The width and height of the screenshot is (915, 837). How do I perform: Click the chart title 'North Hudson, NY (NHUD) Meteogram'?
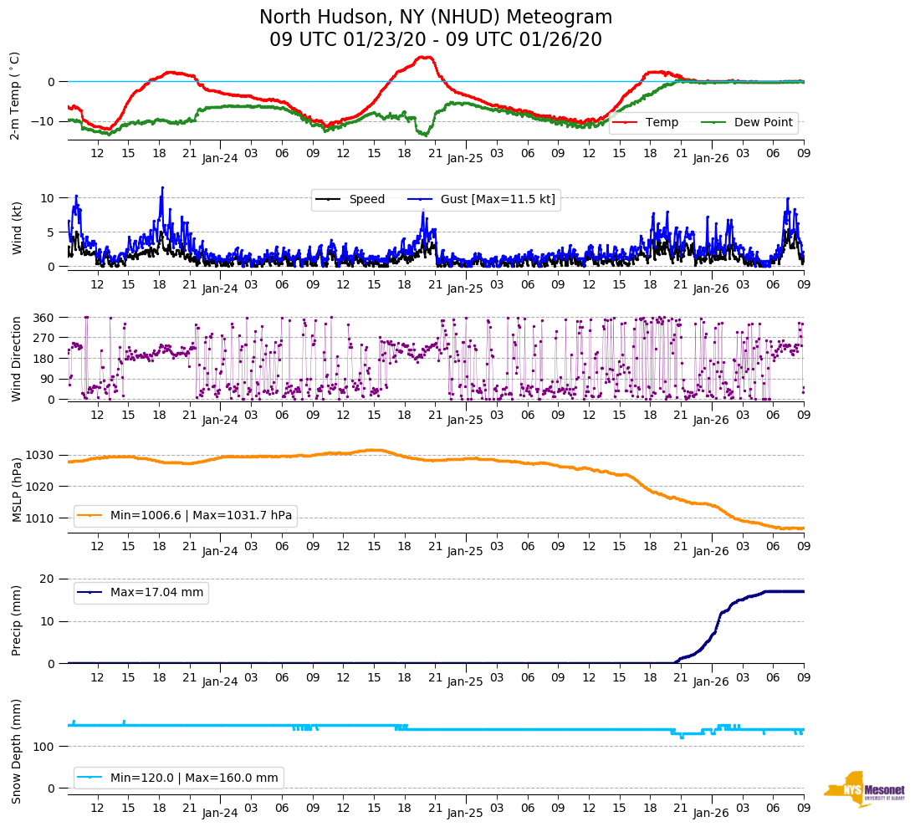(435, 18)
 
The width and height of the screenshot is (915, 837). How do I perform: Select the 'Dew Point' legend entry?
(763, 122)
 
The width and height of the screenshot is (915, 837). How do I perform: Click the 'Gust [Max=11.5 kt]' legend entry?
(498, 199)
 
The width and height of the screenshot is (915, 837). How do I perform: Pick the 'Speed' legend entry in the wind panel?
(366, 199)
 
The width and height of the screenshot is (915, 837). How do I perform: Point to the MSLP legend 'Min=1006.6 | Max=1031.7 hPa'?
(201, 515)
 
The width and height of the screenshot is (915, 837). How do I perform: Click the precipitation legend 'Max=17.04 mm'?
(156, 592)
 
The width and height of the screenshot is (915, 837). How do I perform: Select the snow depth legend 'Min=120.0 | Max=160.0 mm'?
(194, 778)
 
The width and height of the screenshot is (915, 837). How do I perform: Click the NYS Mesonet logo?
(865, 789)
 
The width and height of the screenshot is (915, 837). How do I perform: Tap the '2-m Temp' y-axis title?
(15, 95)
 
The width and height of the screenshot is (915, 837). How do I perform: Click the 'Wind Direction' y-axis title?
(17, 358)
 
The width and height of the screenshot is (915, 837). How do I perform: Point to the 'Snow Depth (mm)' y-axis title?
(17, 751)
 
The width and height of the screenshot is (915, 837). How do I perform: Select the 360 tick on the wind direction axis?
(44, 318)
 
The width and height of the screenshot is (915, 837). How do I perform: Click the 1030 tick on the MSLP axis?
(42, 456)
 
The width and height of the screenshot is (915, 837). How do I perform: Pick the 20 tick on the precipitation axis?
(49, 579)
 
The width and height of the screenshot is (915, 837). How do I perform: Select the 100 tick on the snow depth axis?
(45, 747)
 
